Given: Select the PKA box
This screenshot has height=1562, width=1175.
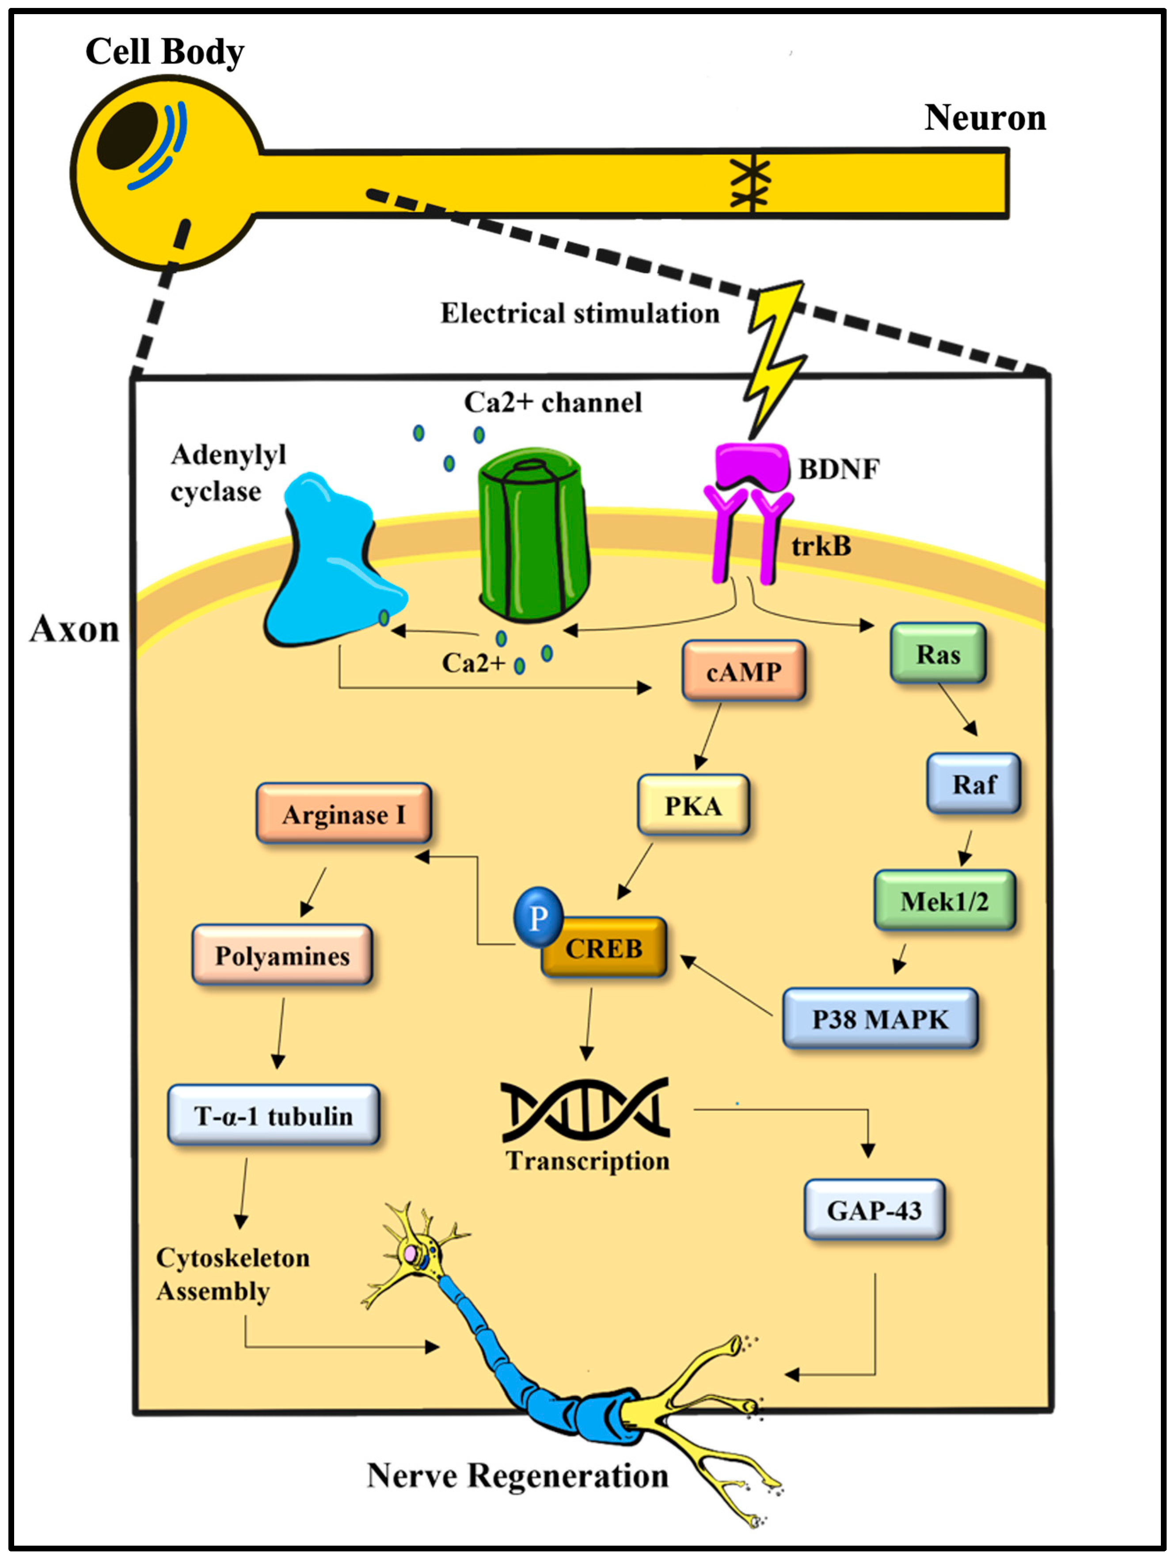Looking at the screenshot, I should (693, 805).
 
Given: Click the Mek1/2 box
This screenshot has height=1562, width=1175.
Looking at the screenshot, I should (944, 901).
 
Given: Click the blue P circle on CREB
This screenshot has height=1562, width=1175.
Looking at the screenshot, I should (538, 917).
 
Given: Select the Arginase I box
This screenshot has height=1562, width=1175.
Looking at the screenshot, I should (343, 814).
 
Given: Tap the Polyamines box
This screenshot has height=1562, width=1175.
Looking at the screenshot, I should (282, 955).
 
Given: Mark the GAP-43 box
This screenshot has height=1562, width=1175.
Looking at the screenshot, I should (874, 1210).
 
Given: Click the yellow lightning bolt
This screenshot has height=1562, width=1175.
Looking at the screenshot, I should (775, 357).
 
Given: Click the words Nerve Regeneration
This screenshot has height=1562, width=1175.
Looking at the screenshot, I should (517, 1476).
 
